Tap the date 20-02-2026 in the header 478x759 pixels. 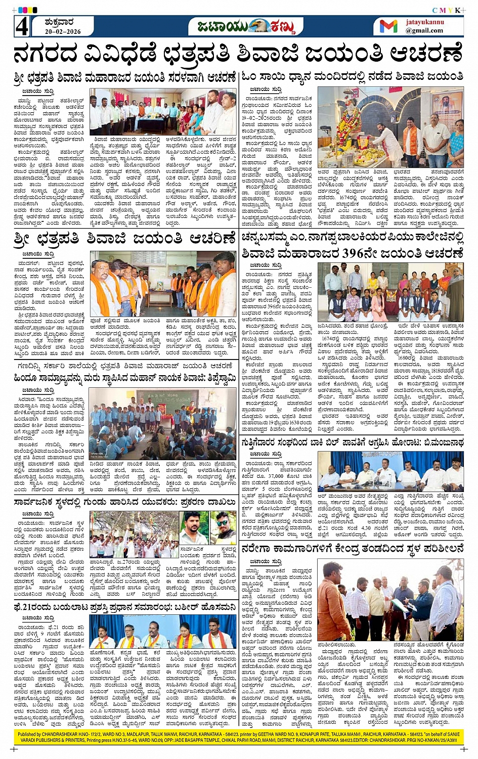[62, 31]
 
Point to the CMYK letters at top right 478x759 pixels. [446, 10]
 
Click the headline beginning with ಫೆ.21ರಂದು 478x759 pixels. [125, 606]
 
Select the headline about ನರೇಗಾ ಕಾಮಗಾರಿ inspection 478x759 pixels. [353, 548]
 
